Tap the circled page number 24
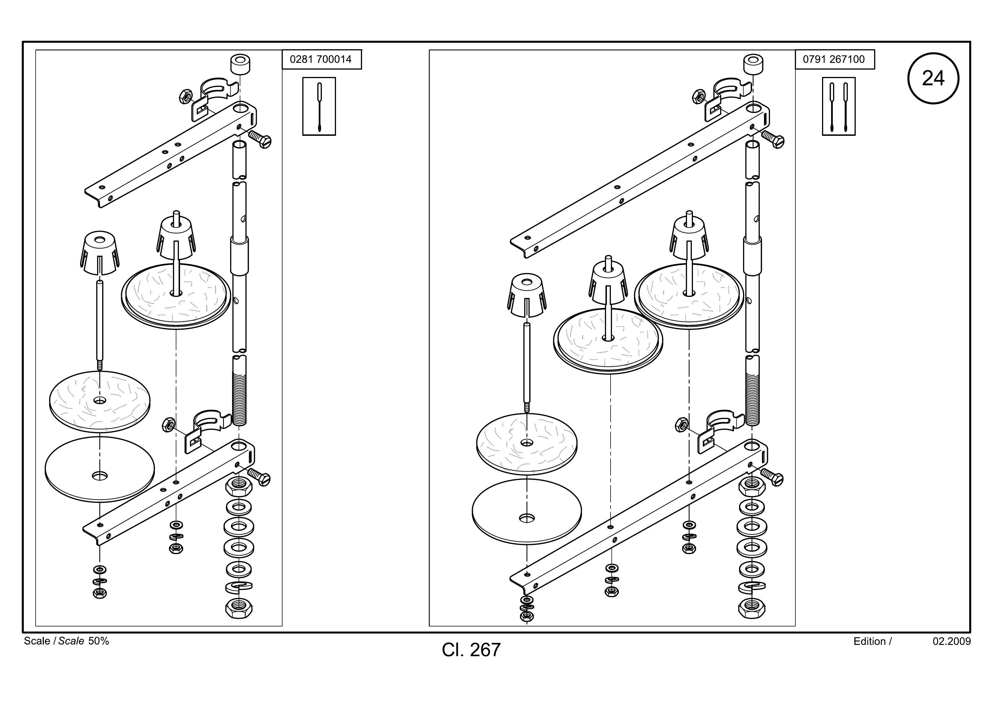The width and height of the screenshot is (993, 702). [x=933, y=78]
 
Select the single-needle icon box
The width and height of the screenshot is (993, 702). [x=319, y=106]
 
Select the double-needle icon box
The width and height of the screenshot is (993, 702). [x=839, y=106]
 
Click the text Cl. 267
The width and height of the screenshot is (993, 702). [x=471, y=650]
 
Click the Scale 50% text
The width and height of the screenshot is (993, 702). [x=67, y=641]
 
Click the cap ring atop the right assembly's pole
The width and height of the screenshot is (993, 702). [x=754, y=65]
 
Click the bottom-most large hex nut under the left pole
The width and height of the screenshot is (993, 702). [x=239, y=609]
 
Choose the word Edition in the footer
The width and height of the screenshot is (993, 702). [x=869, y=641]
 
